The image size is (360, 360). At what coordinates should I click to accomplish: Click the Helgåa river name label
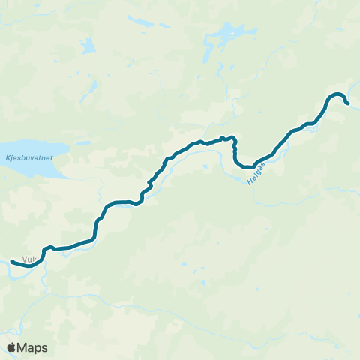(x=257, y=175)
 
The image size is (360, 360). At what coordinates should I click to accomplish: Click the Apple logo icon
(x=11, y=347)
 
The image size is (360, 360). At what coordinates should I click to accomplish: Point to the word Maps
(x=33, y=347)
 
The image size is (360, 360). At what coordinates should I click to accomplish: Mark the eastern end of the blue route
(x=348, y=103)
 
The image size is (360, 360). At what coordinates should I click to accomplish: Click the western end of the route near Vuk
(x=13, y=261)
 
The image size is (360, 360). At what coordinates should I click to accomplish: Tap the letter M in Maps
(x=23, y=347)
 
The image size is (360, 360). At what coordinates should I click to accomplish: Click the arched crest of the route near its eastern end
(x=336, y=94)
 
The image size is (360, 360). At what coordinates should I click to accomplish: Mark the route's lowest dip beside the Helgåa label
(x=247, y=167)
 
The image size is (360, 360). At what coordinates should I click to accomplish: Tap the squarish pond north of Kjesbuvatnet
(x=88, y=46)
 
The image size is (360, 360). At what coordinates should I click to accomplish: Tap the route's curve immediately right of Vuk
(x=43, y=253)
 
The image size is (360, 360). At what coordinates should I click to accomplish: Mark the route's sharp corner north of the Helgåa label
(x=235, y=139)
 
